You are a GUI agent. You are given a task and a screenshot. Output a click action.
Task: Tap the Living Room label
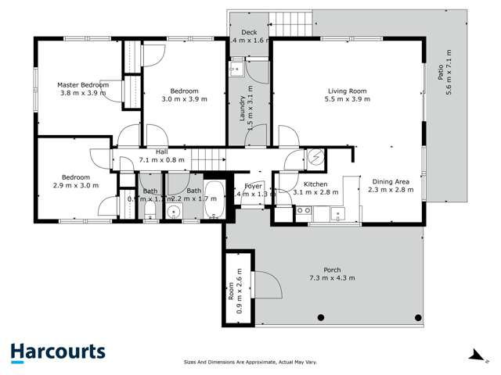[347, 91]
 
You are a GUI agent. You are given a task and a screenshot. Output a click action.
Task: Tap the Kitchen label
[315, 184]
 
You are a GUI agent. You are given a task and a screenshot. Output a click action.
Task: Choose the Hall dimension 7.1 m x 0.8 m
[162, 159]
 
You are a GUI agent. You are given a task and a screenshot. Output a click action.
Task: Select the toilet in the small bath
[150, 216]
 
